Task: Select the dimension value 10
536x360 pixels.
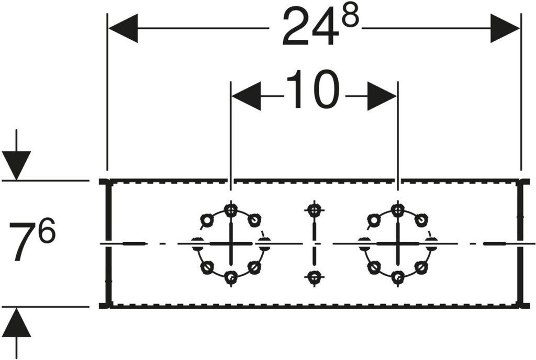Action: (x=313, y=90)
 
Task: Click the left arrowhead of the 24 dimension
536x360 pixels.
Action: (x=123, y=28)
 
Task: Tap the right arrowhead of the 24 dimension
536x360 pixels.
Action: (x=505, y=28)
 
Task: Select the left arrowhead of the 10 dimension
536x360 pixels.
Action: (x=246, y=96)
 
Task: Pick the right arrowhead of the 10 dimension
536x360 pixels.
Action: (x=382, y=96)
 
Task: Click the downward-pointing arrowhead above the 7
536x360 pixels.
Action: (x=16, y=165)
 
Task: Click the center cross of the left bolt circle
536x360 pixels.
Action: (x=231, y=244)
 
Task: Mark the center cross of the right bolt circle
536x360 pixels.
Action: (x=398, y=244)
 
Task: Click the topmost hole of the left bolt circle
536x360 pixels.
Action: (x=231, y=210)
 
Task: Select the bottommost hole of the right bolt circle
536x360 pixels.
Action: (x=398, y=277)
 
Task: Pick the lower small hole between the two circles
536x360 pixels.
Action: (x=314, y=277)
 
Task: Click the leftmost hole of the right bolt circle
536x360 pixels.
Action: (x=364, y=243)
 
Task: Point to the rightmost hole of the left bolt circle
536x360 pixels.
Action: (x=264, y=243)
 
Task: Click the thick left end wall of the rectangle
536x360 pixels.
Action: (x=108, y=244)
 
